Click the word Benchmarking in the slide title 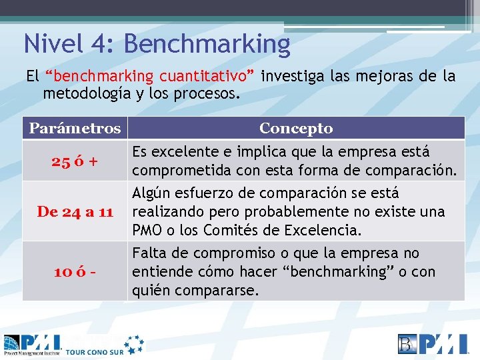[207, 44]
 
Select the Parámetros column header [75, 128]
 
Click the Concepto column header [296, 128]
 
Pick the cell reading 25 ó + [75, 161]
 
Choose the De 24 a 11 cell [75, 212]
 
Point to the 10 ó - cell [75, 271]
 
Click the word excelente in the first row [184, 152]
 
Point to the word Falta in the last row [149, 254]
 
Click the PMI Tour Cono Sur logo [73, 343]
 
